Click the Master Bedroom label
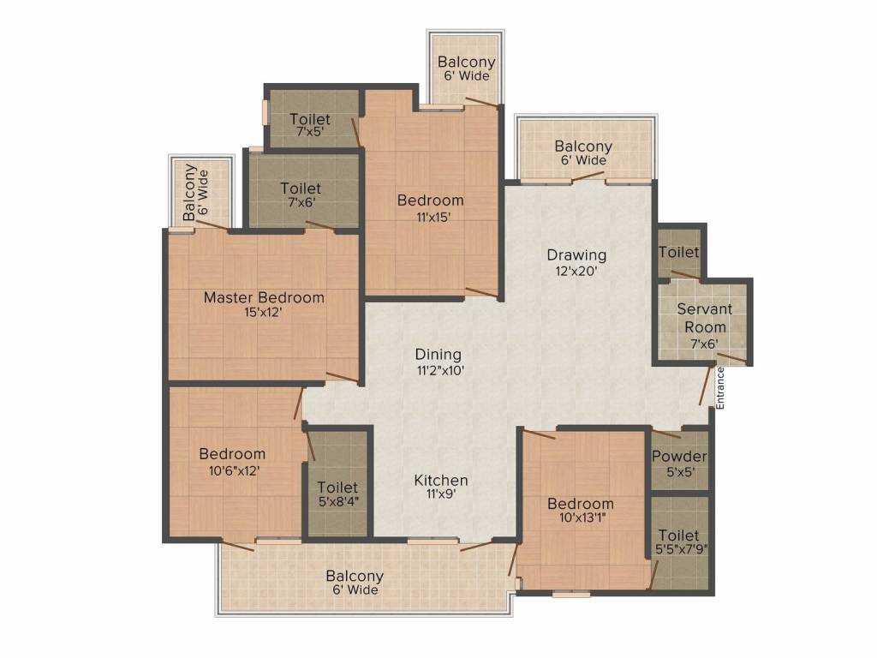click(x=264, y=298)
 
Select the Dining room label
click(x=438, y=355)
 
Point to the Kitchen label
click(x=441, y=480)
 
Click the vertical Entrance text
click(x=720, y=388)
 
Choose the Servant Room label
click(x=701, y=318)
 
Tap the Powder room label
click(x=679, y=457)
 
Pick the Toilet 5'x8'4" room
click(x=337, y=495)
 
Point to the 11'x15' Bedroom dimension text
click(x=430, y=217)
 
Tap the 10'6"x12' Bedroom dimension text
click(x=232, y=470)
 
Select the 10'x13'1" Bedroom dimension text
click(x=581, y=519)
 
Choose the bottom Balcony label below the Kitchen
click(x=355, y=583)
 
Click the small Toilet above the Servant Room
click(x=678, y=253)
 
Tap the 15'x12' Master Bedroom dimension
click(x=263, y=313)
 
